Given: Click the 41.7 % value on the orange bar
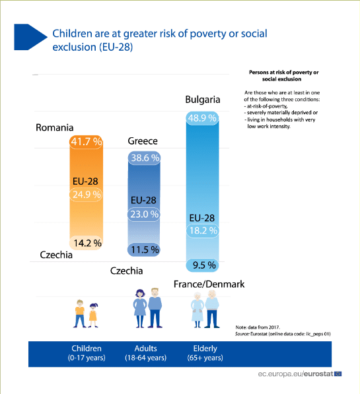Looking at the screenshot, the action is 87,142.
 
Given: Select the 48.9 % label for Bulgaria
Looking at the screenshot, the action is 202,118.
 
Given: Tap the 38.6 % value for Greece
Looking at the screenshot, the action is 145,158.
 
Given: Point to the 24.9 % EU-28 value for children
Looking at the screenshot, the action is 87,195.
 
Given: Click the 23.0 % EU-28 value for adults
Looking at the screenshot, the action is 145,214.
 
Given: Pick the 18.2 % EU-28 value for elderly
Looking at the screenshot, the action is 203,230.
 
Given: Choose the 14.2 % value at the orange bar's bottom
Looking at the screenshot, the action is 88,243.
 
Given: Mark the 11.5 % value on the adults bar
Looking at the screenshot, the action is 145,249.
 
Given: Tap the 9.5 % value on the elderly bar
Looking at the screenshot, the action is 204,265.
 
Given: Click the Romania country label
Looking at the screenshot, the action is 55,127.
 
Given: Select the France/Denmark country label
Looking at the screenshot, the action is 209,284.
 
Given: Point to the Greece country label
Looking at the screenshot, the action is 143,141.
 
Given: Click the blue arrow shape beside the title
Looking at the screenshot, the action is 30,37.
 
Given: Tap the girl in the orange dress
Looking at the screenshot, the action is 93,315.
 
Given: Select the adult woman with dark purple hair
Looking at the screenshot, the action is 140,309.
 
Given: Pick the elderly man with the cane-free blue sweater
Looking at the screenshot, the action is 212,309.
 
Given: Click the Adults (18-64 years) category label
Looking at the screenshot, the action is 146,353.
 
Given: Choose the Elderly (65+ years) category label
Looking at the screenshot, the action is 205,353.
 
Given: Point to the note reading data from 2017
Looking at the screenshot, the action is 258,327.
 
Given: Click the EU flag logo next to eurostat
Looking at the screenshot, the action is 338,374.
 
